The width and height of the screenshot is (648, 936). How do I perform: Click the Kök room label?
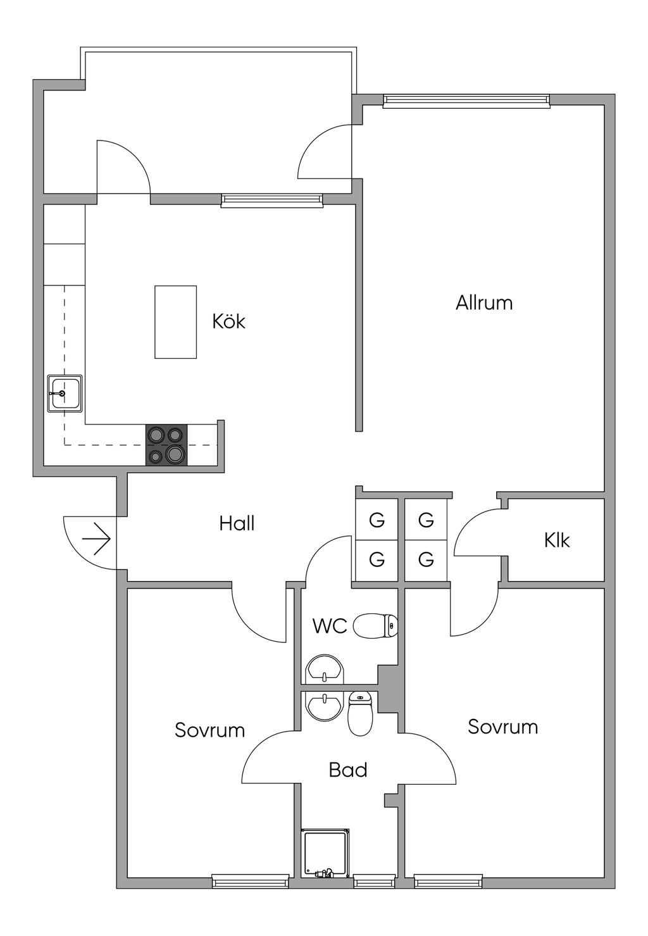(228, 321)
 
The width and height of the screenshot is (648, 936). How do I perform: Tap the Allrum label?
(484, 303)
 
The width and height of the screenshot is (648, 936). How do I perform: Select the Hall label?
(237, 523)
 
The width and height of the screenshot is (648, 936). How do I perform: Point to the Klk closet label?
(556, 540)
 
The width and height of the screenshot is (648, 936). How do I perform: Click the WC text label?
(330, 626)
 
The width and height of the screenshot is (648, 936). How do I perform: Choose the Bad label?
(347, 770)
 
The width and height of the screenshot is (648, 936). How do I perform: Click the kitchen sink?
(65, 394)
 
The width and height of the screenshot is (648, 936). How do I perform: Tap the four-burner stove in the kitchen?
(166, 445)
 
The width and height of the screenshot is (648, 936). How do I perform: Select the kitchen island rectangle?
(175, 321)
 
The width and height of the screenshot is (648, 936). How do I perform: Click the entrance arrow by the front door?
(96, 539)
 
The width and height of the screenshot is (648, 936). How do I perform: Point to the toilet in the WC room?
(375, 626)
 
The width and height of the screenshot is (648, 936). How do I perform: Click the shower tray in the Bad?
(325, 853)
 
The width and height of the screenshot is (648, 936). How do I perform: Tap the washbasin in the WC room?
(324, 669)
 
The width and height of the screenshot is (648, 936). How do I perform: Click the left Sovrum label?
(209, 730)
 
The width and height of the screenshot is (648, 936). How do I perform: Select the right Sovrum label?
(502, 727)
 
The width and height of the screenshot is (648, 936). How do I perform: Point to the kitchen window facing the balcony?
(272, 200)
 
